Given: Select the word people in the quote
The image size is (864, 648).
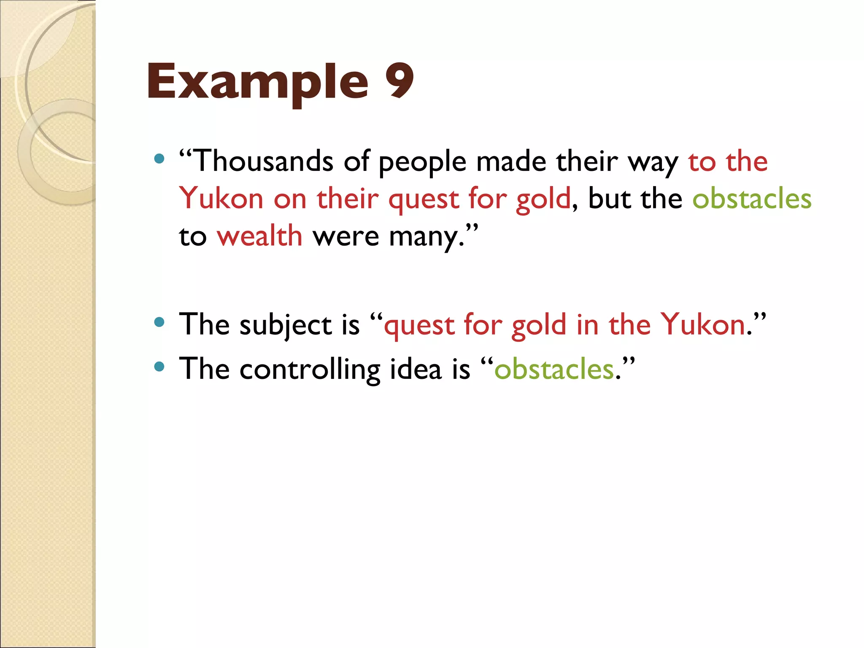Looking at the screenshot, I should pos(422,162).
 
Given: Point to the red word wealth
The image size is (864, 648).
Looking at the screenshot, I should pos(259,236).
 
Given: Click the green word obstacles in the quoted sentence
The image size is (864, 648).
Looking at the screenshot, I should pos(752,199).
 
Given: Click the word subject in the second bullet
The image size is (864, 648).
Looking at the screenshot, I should pos(286,325).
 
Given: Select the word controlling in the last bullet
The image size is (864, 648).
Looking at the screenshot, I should pos(310,369).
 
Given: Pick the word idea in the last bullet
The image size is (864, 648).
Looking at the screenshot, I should pos(416,369).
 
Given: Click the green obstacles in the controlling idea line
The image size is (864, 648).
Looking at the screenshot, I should pos(554,369).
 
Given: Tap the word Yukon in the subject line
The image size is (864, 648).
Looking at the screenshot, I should pos(703,324).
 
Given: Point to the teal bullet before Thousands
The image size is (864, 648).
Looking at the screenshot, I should pos(159,159).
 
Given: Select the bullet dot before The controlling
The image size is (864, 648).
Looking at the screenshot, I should pos(159,367).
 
